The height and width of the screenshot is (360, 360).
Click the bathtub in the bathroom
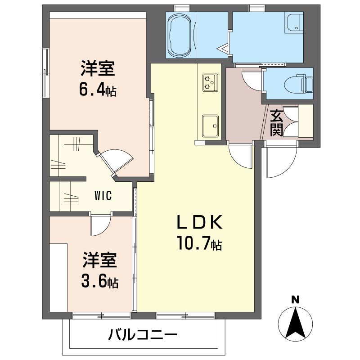point(180,36)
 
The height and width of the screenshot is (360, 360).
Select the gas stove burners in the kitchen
point(210,82)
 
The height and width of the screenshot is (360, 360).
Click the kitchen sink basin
point(210,126)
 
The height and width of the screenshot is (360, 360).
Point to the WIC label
point(103,196)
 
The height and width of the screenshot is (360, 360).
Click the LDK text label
point(199,222)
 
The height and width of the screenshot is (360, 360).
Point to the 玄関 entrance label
point(276,123)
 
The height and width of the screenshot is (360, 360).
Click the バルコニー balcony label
point(143,334)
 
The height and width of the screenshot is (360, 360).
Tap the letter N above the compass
point(296,300)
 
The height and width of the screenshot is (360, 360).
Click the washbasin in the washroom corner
point(294,23)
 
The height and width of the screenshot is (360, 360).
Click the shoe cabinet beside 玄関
point(306,121)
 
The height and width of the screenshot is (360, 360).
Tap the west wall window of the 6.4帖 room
point(46,73)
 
